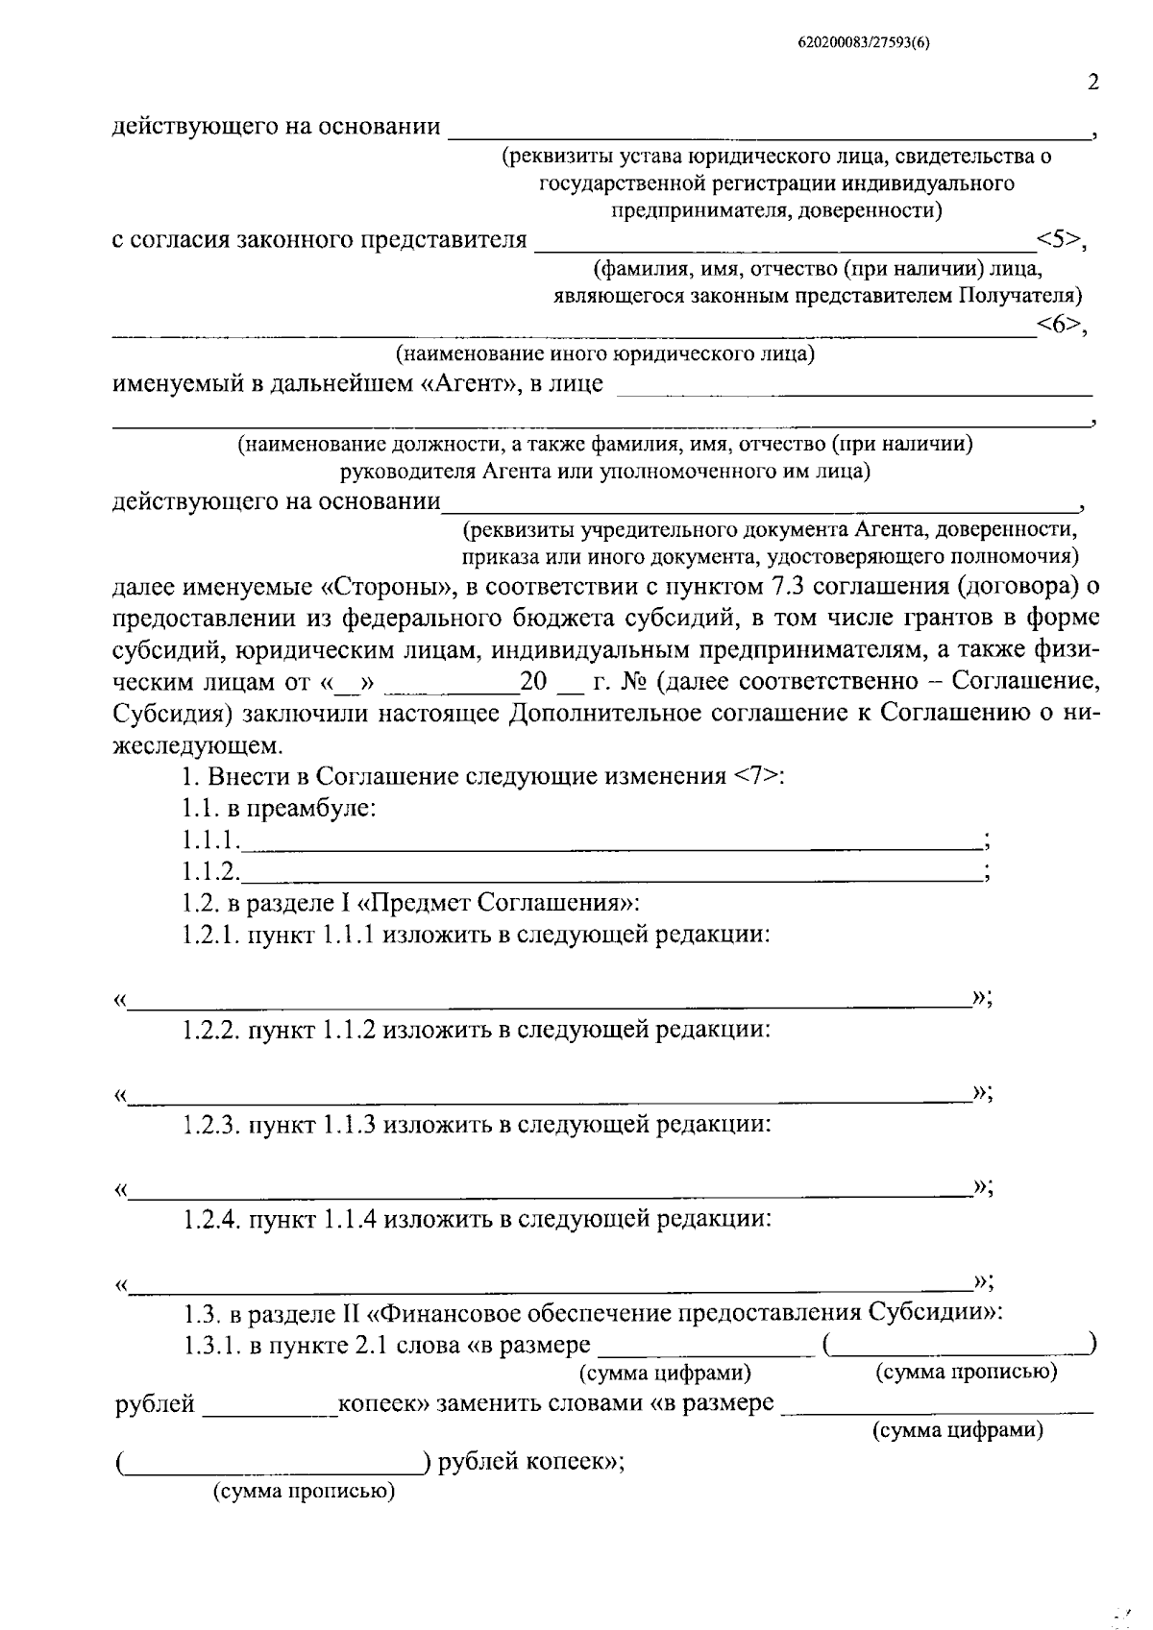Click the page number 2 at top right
point(1092,83)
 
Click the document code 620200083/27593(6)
point(864,42)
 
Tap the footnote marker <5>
point(1058,239)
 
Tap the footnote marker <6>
point(1058,326)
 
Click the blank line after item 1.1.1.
point(610,843)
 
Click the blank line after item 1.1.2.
point(610,874)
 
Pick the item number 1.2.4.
point(210,1221)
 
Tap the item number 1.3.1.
point(210,1346)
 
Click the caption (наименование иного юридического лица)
point(604,354)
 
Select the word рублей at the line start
point(155,1405)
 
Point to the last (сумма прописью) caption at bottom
point(305,1492)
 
